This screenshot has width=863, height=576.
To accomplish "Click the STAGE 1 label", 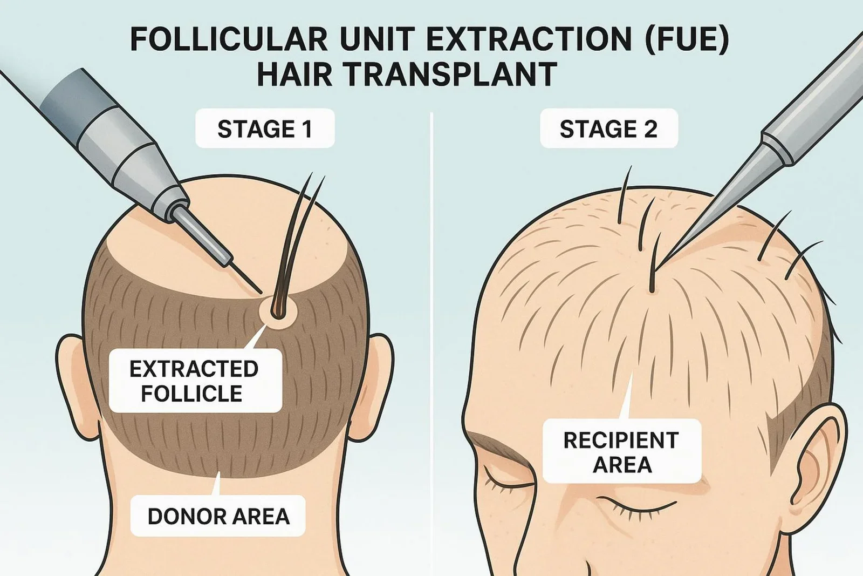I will [265, 129].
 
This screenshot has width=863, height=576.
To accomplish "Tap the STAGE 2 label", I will [608, 129].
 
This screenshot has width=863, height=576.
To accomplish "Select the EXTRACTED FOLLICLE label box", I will [195, 381].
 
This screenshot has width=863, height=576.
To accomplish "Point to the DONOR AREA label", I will [218, 516].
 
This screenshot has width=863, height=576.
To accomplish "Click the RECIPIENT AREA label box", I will [621, 452].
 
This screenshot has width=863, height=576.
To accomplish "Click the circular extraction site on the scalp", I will [277, 311].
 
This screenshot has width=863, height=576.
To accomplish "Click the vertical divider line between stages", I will [432, 324].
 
